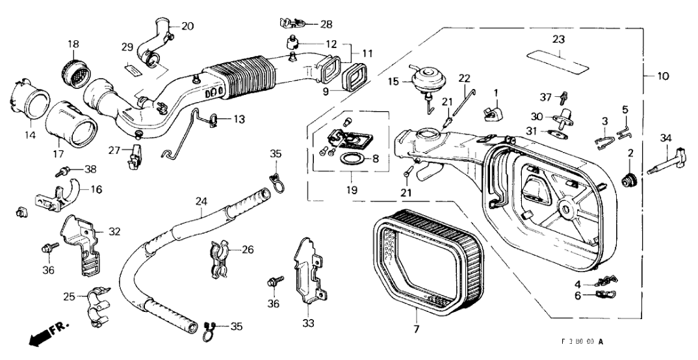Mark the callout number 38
pyautogui.click(x=90, y=169)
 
